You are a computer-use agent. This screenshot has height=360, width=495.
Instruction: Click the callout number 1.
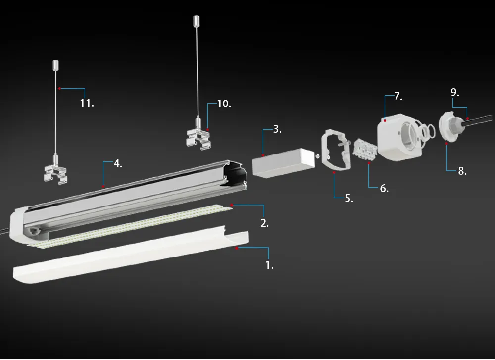click(269, 265)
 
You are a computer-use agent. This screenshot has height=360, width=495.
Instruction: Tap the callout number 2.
click(264, 223)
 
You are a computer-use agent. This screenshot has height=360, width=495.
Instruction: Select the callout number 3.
click(277, 130)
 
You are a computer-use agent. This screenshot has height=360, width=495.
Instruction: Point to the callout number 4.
click(117, 164)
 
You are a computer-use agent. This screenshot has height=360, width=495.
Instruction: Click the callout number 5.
click(348, 198)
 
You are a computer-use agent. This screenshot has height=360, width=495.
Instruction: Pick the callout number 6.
click(384, 188)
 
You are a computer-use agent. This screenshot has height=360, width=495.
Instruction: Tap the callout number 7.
click(398, 97)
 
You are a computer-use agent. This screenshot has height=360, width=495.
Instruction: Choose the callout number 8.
click(461, 172)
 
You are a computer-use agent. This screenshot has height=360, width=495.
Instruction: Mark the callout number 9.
click(455, 92)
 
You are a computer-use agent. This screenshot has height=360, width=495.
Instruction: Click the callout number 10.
click(224, 104)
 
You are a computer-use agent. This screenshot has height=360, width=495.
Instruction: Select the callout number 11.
click(87, 103)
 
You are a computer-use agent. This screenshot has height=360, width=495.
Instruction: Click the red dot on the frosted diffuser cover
click(237, 247)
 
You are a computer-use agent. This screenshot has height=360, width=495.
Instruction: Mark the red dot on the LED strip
click(232, 205)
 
